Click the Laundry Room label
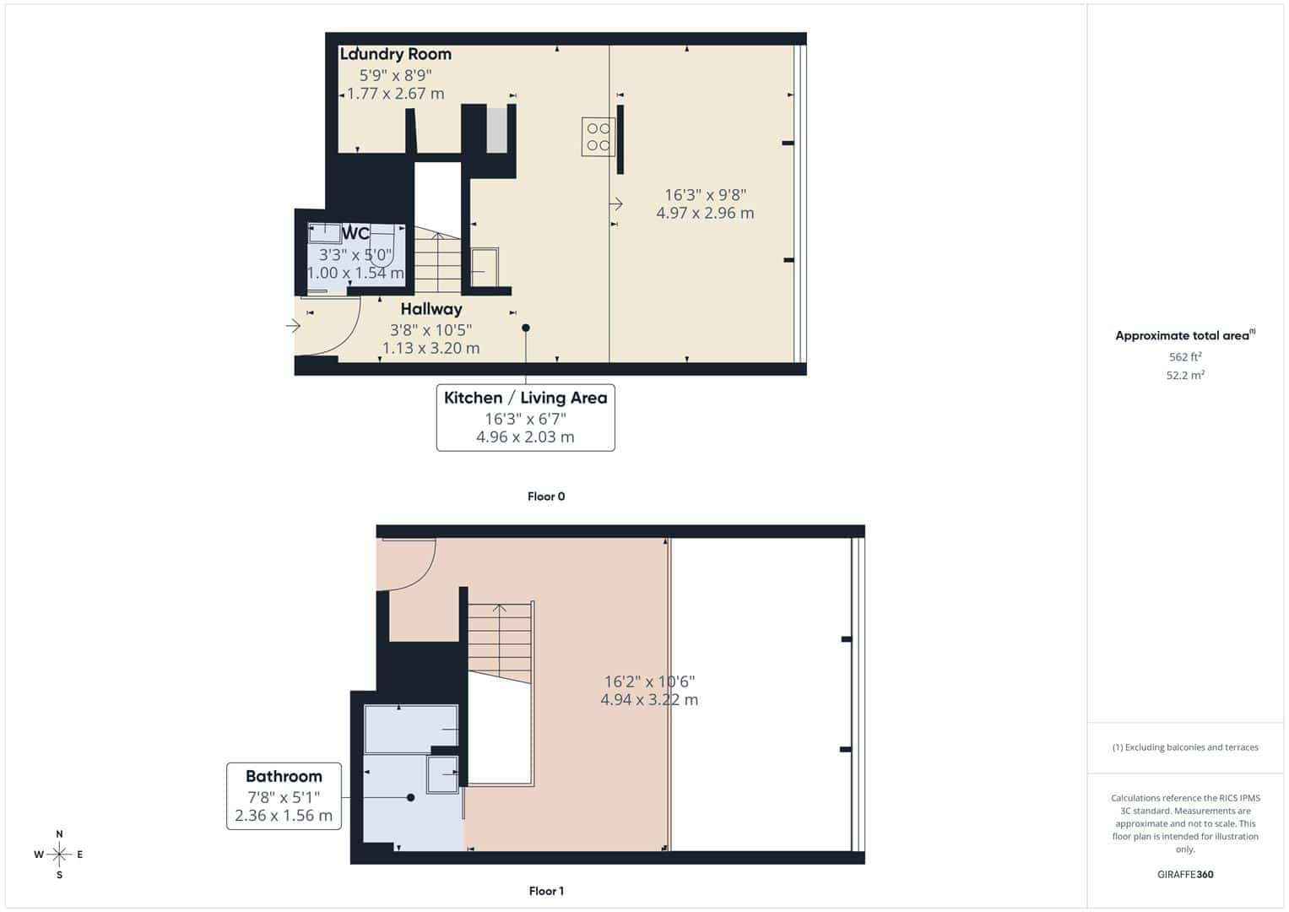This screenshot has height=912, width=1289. (395, 54)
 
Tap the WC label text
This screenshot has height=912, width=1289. (355, 233)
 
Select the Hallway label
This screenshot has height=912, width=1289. (431, 309)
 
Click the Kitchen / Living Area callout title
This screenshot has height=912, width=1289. (525, 398)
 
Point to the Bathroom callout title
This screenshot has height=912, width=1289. (284, 776)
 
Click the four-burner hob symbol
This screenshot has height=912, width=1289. (598, 137)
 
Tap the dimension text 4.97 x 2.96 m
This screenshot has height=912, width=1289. (705, 213)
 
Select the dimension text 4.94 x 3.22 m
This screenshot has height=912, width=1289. (649, 699)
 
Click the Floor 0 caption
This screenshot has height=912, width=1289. (546, 497)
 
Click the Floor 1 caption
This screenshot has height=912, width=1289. (546, 891)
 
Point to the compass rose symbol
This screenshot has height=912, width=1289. (59, 855)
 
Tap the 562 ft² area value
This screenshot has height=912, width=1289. (1185, 356)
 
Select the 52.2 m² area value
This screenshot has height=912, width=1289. (1185, 375)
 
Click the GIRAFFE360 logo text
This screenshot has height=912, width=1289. (1185, 874)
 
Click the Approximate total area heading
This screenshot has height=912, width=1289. (1185, 335)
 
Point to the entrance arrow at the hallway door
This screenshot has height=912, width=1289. (293, 327)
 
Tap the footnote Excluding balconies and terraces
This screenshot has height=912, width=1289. (1185, 747)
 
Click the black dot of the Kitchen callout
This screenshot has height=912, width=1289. (525, 328)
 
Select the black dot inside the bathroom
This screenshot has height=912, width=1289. (410, 797)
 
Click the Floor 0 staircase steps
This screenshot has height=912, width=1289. (438, 259)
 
